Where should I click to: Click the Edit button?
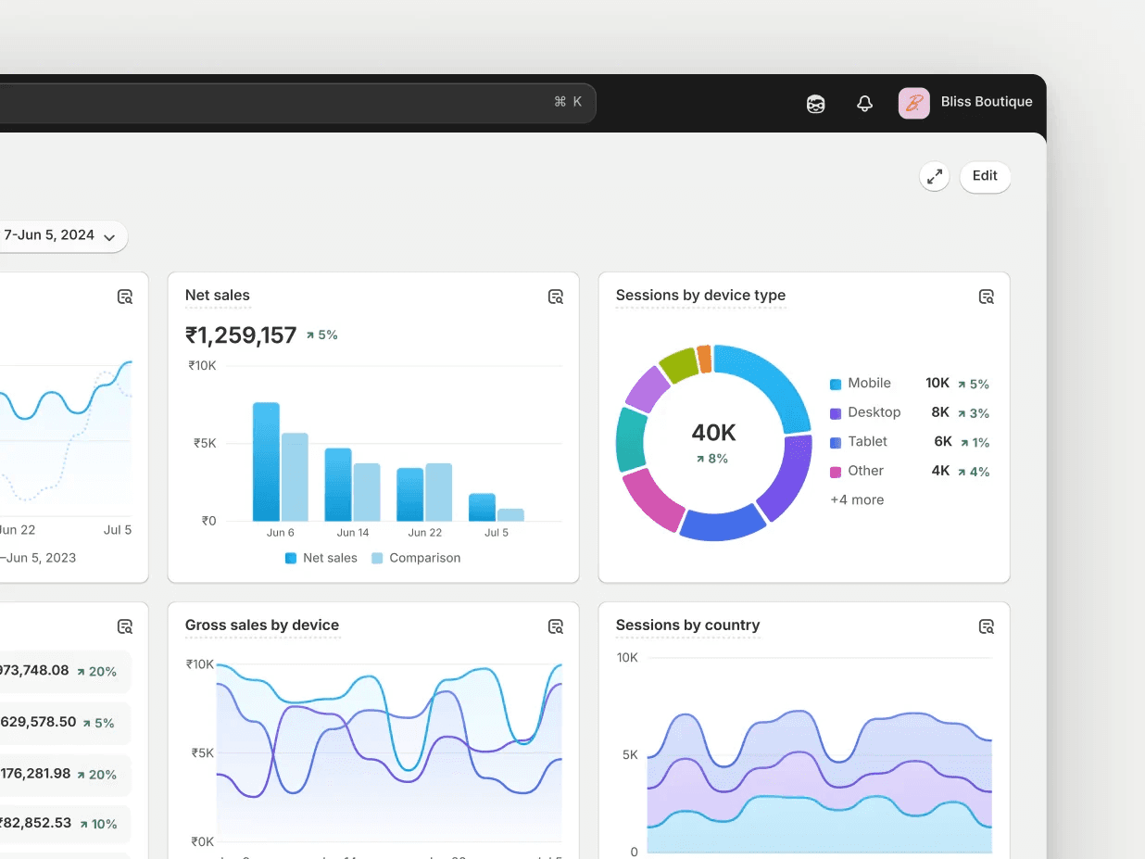(985, 176)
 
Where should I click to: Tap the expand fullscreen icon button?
(935, 176)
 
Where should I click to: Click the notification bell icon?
(864, 104)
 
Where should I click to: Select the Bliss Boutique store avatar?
(913, 103)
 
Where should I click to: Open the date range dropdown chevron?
(109, 237)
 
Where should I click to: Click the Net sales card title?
(218, 296)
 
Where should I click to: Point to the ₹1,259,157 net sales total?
(241, 335)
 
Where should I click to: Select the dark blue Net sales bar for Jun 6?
(266, 463)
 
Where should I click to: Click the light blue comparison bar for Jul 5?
(510, 514)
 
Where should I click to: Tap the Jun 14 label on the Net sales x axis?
(353, 533)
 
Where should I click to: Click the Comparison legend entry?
(416, 558)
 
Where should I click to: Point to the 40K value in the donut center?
(713, 433)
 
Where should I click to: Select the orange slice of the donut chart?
(704, 359)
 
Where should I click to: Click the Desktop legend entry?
(874, 412)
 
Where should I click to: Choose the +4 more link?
(857, 500)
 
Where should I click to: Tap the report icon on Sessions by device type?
(987, 297)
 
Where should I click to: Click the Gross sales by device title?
(262, 625)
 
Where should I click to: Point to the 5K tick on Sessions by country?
(629, 755)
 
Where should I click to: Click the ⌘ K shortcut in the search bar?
(568, 102)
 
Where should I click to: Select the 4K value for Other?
(940, 471)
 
